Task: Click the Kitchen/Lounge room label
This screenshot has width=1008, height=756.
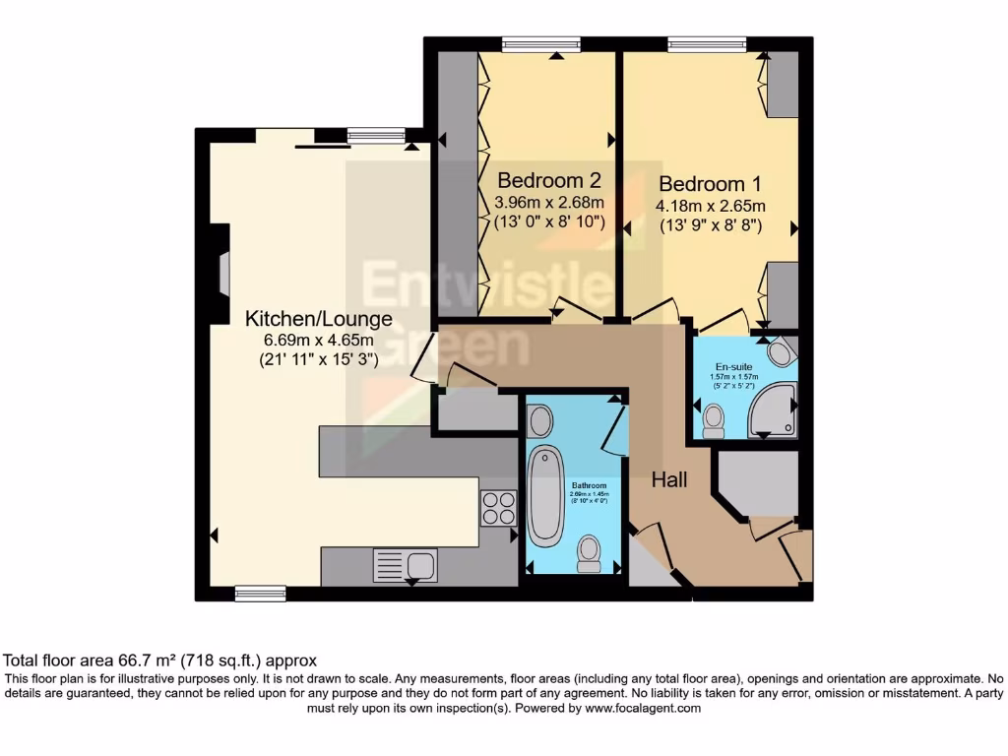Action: coord(318,319)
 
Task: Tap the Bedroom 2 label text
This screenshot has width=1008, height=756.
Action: coord(548,181)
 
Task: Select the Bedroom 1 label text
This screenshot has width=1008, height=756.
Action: coord(710,184)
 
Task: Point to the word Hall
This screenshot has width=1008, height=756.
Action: coord(669,480)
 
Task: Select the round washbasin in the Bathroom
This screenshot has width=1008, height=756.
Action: coord(539,421)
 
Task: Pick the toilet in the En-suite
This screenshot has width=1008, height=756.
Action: coord(714,421)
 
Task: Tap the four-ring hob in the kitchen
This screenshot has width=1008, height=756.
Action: coord(497,507)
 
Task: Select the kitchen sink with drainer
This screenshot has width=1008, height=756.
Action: coord(405,565)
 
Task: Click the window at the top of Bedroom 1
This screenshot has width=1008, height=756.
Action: coord(706,43)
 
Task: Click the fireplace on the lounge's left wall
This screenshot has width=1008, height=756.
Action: coord(222,273)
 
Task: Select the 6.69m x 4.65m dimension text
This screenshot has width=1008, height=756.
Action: coord(318,341)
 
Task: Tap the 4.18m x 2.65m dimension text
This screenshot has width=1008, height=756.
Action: coord(710,206)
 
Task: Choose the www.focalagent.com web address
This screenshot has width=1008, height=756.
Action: coord(643,708)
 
